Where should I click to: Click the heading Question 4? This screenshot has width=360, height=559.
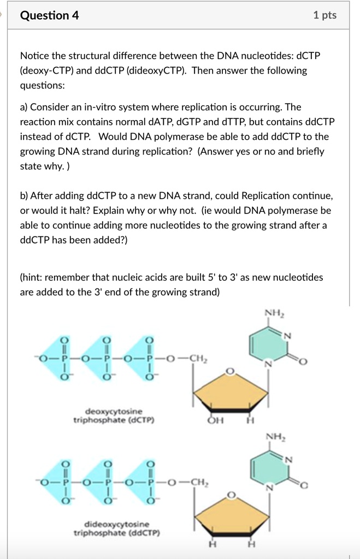pos(49,16)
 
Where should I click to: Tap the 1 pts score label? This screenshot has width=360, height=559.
pos(325,16)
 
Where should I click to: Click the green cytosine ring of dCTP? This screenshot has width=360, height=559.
pos(267,344)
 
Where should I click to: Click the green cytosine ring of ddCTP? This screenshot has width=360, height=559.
pos(267,467)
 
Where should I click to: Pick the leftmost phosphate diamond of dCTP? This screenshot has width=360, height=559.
pos(65,359)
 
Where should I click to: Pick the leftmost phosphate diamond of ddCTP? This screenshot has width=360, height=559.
pos(65,483)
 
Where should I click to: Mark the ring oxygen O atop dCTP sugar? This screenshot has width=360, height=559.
pos(231,371)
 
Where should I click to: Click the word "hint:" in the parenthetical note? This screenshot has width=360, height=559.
pos(36,277)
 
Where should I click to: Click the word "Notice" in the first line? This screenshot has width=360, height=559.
pos(35,56)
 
